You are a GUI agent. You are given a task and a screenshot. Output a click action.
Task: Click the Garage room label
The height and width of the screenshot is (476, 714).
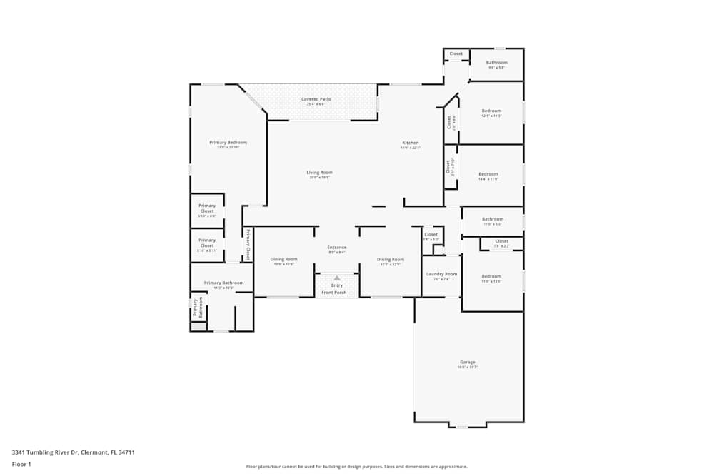[468, 363]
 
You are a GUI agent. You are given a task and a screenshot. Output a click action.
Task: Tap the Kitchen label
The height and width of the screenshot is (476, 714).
[410, 143]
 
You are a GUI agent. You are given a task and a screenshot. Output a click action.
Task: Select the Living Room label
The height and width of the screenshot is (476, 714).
[319, 172]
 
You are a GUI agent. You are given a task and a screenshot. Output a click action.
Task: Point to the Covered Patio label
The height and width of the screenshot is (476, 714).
[316, 99]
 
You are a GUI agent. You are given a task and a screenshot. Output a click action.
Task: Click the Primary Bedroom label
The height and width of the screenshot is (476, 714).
[228, 143]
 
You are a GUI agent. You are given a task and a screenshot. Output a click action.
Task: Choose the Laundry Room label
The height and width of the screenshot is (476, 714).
[441, 274]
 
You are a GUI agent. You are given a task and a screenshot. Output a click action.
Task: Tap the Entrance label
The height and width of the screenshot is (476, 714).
[337, 248]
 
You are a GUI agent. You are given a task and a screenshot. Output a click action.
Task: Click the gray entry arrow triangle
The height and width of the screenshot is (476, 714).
[337, 278]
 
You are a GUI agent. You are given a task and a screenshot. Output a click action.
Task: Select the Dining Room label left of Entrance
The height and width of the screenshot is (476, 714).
[283, 259]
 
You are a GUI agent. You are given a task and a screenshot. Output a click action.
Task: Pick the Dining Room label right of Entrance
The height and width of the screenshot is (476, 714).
[390, 259]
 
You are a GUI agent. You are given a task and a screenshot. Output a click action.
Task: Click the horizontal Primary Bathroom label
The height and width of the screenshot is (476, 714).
[223, 283]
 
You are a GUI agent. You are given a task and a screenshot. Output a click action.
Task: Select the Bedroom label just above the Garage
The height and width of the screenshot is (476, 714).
[491, 276]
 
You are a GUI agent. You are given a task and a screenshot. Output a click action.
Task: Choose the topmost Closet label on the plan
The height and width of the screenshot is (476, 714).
[456, 54]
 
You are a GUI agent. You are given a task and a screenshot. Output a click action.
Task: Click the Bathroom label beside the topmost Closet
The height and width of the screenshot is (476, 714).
[496, 63]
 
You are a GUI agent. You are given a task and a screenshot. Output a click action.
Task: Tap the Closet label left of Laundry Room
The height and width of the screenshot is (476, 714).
[431, 234]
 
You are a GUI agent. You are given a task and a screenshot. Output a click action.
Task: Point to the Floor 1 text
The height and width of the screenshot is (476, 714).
[21, 465]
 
